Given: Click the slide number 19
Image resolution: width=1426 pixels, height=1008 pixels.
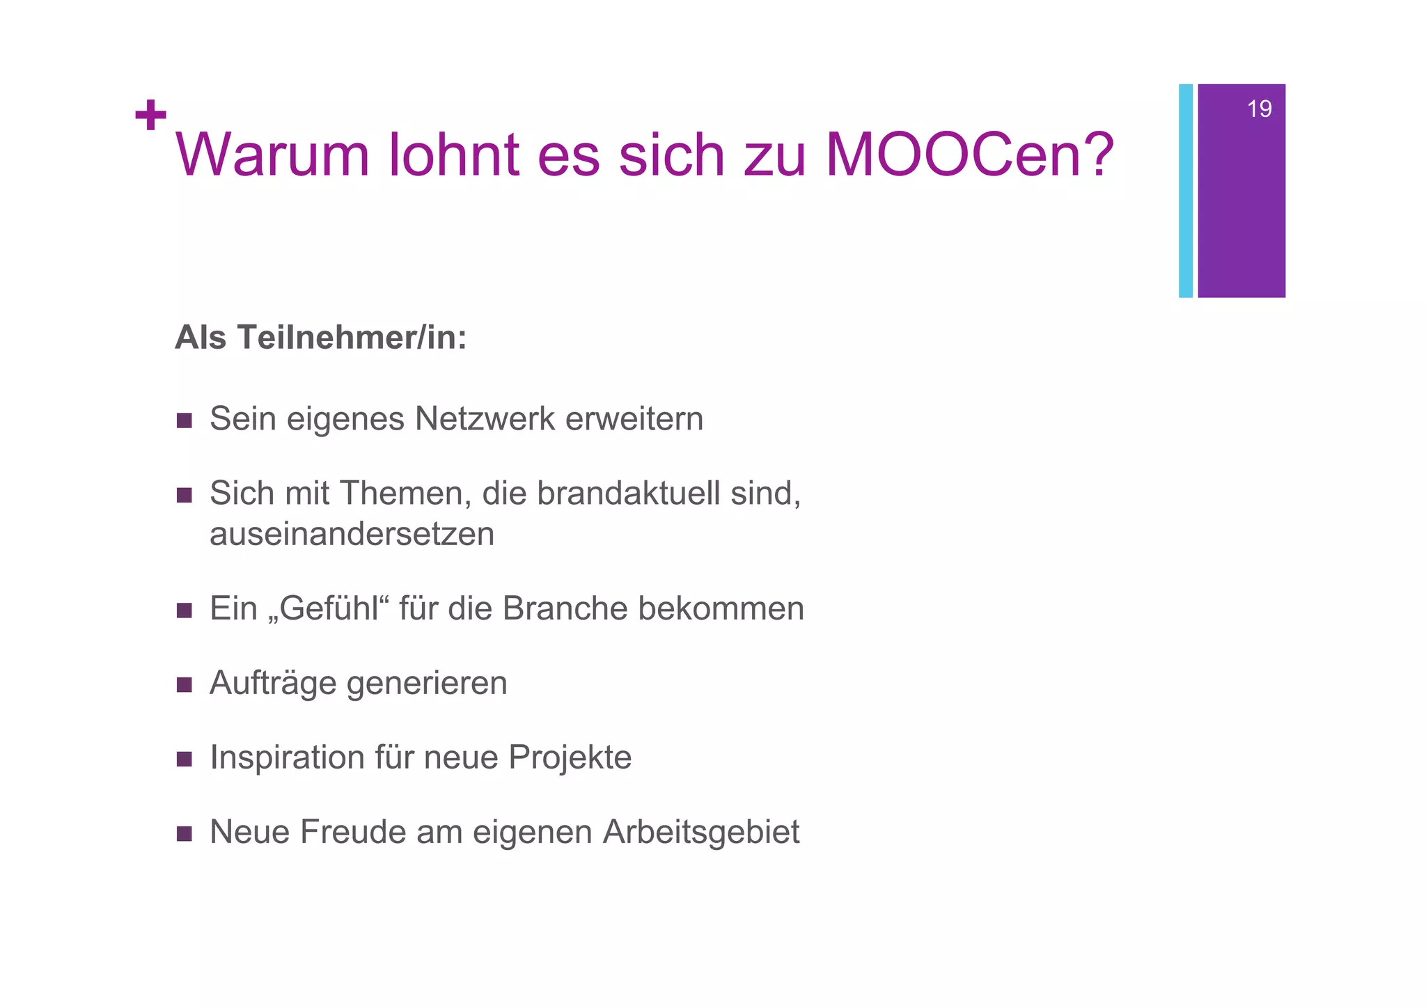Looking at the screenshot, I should pyautogui.click(x=1259, y=109).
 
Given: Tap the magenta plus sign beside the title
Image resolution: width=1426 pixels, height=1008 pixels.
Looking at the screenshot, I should pyautogui.click(x=150, y=115).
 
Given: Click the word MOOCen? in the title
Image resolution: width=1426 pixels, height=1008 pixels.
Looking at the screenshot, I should pyautogui.click(x=970, y=155).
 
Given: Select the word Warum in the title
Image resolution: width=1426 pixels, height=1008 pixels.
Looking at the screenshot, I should pyautogui.click(x=272, y=155).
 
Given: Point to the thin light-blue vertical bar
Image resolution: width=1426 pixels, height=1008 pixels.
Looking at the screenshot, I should pyautogui.click(x=1185, y=191).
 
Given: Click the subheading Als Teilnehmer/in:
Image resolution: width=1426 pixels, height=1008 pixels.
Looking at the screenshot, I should pyautogui.click(x=320, y=338).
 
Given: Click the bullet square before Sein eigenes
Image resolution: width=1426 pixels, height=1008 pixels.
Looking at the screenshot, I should pyautogui.click(x=185, y=420).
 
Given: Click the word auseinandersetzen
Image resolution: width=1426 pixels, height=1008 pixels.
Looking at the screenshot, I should pyautogui.click(x=352, y=535).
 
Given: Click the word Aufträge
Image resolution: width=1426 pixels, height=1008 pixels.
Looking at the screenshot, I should pyautogui.click(x=273, y=683).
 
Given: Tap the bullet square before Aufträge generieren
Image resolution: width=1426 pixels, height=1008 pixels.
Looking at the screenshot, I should pyautogui.click(x=185, y=685).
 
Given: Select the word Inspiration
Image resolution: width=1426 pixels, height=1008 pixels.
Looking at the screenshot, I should pyautogui.click(x=287, y=757).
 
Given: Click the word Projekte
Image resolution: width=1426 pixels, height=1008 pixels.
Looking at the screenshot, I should pyautogui.click(x=570, y=757).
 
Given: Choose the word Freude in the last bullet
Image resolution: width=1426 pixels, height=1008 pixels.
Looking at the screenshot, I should pyautogui.click(x=352, y=832).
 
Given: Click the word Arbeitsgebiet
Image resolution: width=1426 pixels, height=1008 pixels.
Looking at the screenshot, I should pyautogui.click(x=701, y=833).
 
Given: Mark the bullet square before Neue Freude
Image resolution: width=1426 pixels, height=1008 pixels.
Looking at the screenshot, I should pyautogui.click(x=185, y=834).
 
